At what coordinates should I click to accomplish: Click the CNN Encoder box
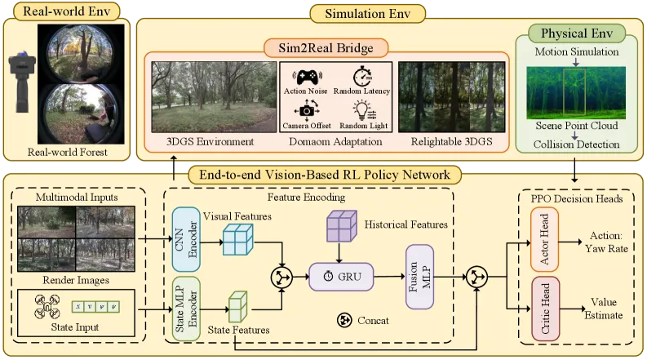186,239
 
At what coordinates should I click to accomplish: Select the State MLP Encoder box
186,309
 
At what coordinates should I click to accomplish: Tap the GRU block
341,276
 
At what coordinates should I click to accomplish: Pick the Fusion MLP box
419,277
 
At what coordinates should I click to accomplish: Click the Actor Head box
544,239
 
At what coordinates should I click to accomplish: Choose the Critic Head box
546,309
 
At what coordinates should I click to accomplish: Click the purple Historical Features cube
342,226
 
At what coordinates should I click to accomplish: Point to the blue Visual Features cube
238,239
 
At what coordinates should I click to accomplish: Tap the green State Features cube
237,306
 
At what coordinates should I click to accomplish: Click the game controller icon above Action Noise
307,78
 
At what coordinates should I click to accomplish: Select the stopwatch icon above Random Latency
363,76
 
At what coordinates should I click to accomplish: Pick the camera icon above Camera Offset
307,111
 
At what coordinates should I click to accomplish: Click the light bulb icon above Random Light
364,111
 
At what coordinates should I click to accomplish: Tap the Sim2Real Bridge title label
326,48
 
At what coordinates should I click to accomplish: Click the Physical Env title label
577,33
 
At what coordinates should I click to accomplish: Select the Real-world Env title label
66,11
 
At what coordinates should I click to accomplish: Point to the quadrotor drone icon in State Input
47,306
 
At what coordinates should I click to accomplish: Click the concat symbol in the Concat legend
344,320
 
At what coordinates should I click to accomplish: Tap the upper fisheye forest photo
80,54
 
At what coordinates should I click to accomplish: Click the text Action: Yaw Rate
606,242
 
